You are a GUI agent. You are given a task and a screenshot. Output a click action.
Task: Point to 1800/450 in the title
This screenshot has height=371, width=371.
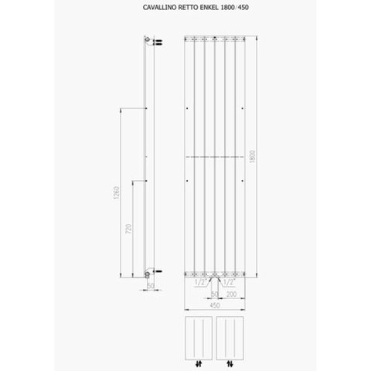[x=234, y=8]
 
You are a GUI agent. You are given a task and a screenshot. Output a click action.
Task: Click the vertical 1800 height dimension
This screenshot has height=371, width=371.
[x=253, y=156]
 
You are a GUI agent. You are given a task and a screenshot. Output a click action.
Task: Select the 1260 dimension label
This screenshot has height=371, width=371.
[x=117, y=193]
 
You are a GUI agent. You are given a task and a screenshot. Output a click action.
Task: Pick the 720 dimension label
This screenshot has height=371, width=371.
[x=128, y=229]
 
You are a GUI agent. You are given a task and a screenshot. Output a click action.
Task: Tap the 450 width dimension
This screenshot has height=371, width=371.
[x=215, y=305]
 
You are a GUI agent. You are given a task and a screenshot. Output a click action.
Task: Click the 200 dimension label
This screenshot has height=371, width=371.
[x=232, y=294]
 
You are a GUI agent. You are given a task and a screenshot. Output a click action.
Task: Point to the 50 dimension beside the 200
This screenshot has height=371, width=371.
[x=215, y=294]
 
